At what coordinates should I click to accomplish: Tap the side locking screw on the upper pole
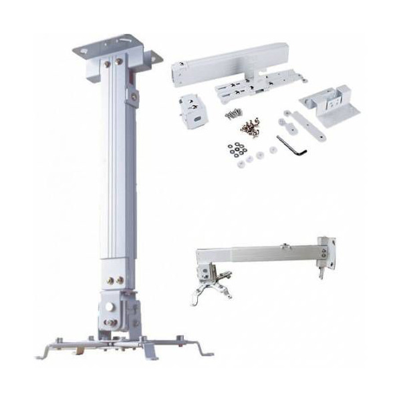coord(134,98)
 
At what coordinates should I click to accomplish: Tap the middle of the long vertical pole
coord(114,174)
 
